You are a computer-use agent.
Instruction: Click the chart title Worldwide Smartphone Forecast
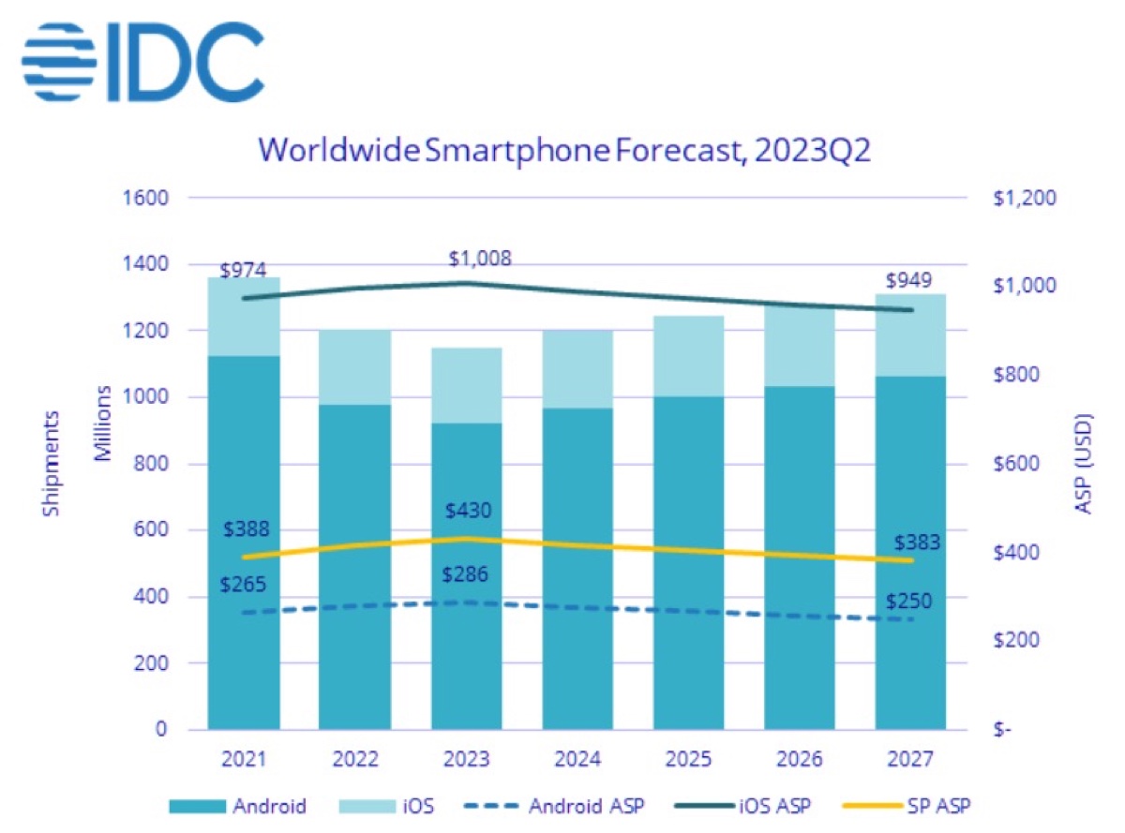tap(563, 150)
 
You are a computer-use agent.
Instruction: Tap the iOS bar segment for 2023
tap(466, 385)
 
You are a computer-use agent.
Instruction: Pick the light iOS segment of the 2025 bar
tap(689, 356)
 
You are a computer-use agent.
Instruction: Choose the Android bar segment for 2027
tap(910, 552)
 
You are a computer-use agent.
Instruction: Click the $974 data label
tap(244, 271)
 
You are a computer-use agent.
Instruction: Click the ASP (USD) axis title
tap(1085, 463)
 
